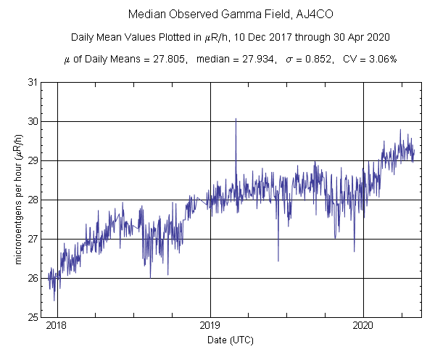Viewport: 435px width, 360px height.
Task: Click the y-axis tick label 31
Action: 33,82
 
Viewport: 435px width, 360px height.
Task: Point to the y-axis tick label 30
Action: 33,121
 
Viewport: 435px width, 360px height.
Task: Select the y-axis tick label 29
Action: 33,160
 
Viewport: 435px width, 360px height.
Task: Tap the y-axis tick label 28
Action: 33,200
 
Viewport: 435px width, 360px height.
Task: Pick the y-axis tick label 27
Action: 33,239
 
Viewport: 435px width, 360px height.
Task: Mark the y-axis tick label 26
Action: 33,278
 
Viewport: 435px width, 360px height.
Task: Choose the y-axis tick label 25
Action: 33,317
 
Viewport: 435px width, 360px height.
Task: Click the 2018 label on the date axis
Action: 57,327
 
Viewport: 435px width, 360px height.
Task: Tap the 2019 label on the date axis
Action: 210,327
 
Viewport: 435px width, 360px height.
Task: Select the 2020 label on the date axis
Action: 363,327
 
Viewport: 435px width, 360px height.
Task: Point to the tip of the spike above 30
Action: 236,118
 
